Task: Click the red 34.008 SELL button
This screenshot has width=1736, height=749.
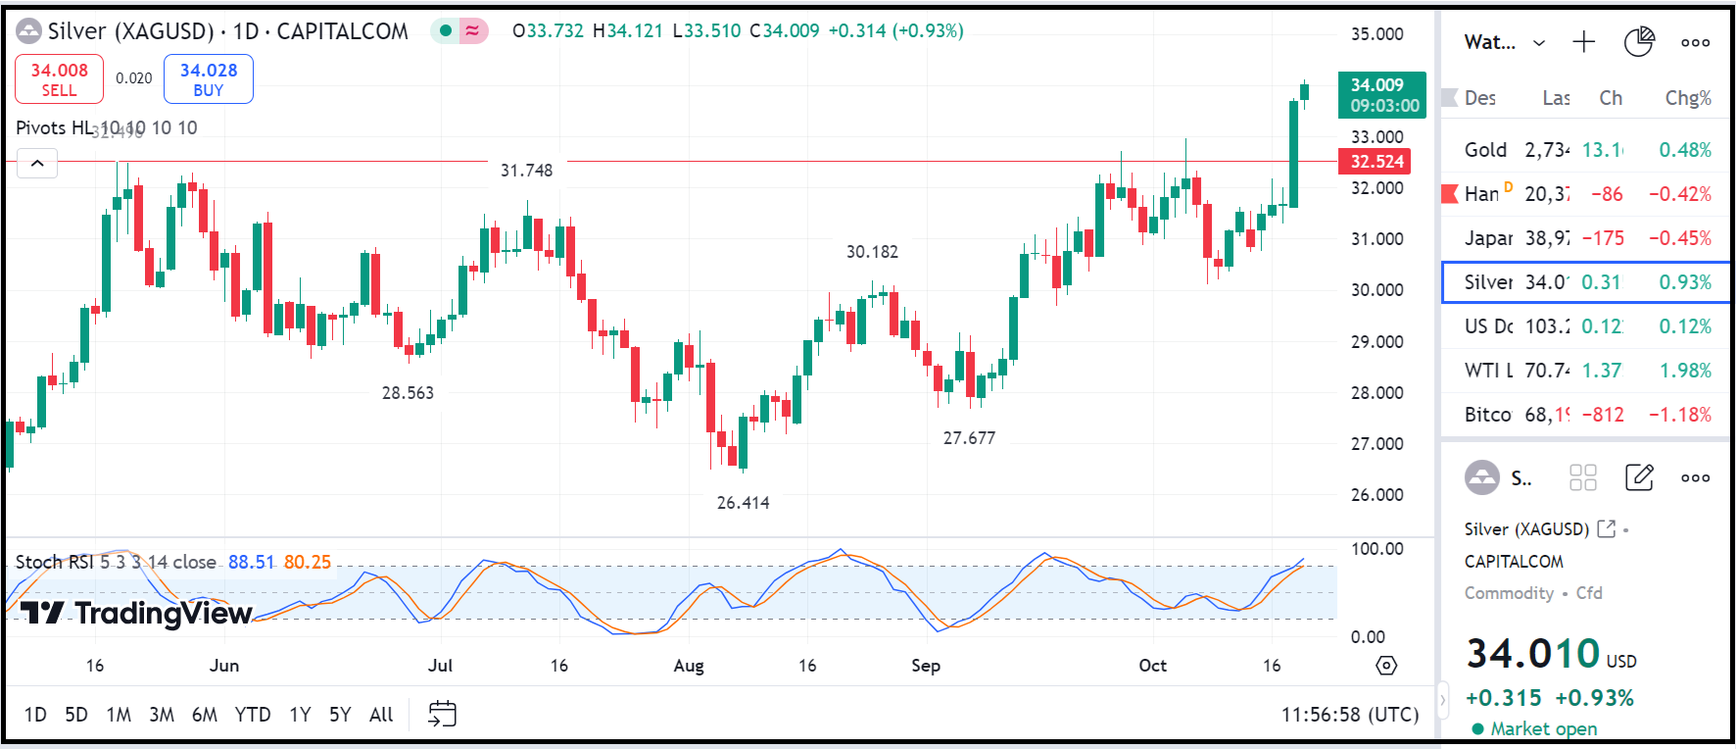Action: click(59, 79)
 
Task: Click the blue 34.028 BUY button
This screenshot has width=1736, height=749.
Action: click(208, 79)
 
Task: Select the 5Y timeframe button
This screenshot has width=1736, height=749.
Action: click(339, 715)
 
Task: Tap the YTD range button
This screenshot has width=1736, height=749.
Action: click(252, 715)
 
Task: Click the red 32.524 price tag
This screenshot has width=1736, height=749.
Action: click(1376, 162)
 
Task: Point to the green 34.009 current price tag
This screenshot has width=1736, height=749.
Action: click(1381, 95)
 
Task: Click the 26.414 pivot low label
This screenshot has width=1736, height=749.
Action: click(743, 503)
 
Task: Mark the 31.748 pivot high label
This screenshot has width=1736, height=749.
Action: click(526, 171)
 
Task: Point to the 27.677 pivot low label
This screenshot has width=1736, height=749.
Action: click(969, 438)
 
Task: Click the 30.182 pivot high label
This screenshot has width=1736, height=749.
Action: click(872, 252)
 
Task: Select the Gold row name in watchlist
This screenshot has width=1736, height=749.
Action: click(1485, 150)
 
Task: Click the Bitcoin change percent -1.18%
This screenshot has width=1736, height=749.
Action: click(1679, 415)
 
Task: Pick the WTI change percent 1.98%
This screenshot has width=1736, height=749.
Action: click(1685, 371)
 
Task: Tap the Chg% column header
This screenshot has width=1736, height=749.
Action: click(1687, 98)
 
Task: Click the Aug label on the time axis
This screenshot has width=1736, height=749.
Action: click(689, 666)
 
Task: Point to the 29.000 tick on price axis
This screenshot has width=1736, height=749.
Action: click(1376, 342)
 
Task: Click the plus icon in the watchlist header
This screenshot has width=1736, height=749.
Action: click(1583, 42)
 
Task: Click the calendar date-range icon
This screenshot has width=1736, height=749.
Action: click(442, 714)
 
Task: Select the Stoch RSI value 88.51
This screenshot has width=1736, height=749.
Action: click(251, 562)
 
